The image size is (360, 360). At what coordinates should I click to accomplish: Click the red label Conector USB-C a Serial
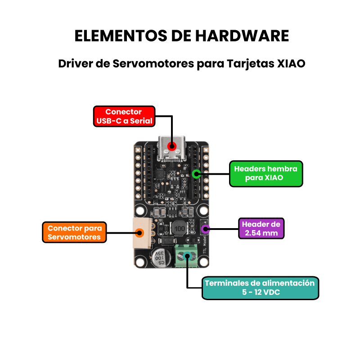tap(124, 116)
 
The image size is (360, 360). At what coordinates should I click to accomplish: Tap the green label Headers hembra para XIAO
tap(266, 174)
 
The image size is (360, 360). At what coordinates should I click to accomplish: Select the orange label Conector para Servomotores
tap(74, 232)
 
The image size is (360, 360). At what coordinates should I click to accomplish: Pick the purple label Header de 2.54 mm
tap(261, 229)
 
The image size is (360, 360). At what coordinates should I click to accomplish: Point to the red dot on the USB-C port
tap(172, 146)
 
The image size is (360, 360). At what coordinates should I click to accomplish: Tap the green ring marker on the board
tap(196, 174)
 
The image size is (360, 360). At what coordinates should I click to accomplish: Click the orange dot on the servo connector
tap(139, 233)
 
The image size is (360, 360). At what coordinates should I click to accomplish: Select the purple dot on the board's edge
tap(205, 229)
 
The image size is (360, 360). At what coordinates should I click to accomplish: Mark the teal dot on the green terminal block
tap(187, 256)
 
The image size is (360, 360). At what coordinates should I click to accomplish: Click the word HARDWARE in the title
tap(242, 36)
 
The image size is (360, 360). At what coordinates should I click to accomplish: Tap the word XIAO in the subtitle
tap(291, 63)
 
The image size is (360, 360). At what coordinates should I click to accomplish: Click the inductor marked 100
tap(179, 229)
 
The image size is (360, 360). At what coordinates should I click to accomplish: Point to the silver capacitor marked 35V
tap(161, 258)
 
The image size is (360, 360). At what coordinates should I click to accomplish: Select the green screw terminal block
tap(186, 256)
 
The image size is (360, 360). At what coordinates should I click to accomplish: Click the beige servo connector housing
tap(142, 233)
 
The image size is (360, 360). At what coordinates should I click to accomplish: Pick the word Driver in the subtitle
tap(75, 63)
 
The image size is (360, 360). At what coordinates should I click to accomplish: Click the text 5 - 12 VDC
tap(261, 292)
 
